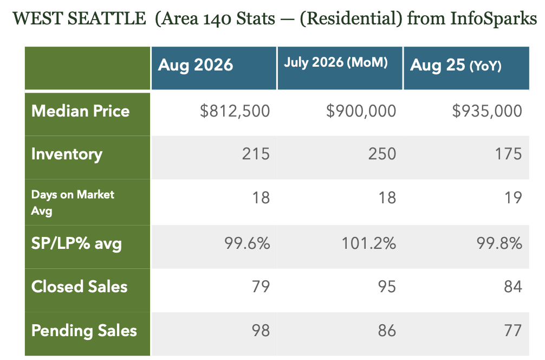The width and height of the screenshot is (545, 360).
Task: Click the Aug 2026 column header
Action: (196, 65)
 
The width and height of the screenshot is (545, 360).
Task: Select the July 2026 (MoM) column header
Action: (336, 62)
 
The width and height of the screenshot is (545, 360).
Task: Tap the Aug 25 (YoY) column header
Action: (456, 65)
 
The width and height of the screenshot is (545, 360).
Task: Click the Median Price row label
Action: (80, 111)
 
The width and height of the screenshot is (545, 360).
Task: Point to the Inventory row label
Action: (67, 155)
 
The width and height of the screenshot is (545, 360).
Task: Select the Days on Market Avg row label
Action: (73, 202)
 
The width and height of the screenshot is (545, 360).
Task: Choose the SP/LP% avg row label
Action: (76, 243)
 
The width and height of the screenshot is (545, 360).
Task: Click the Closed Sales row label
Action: (79, 287)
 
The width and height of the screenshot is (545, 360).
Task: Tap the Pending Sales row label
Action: (84, 331)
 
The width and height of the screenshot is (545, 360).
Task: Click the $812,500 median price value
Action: (235, 111)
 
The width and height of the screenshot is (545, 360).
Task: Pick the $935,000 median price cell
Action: (487, 111)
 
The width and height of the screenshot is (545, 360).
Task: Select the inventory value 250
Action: (382, 154)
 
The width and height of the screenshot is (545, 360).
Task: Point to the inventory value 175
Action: (508, 154)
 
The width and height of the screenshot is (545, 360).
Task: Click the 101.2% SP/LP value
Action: (369, 243)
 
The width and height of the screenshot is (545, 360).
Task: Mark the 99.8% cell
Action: (499, 243)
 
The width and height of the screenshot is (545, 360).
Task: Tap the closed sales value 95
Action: (387, 287)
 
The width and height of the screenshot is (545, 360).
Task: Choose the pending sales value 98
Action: (261, 330)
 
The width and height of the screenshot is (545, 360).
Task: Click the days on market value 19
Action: (513, 198)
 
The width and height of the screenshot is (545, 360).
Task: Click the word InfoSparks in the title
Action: (494, 18)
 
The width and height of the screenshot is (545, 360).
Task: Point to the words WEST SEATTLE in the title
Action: (79, 18)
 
